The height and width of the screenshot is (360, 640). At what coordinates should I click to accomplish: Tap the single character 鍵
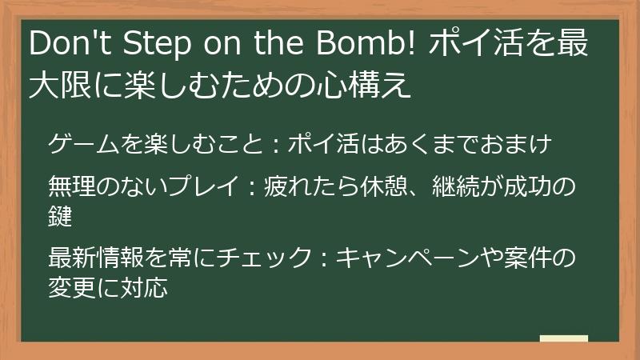click(61, 214)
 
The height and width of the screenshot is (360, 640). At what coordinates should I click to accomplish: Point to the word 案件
click(526, 258)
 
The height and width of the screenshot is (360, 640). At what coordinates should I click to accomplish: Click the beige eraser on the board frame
click(564, 339)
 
